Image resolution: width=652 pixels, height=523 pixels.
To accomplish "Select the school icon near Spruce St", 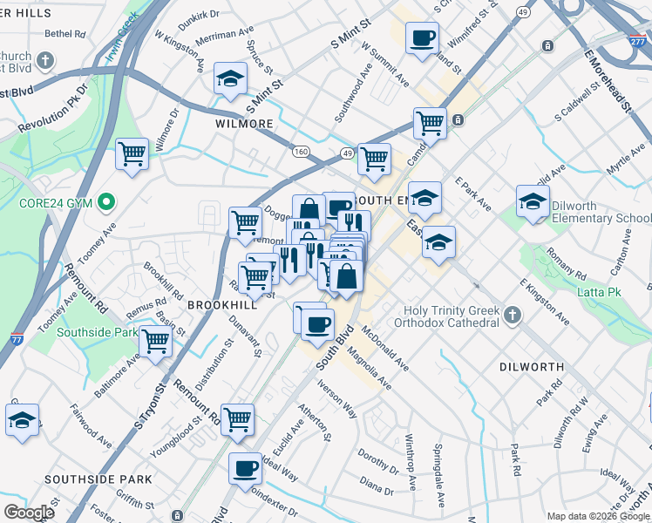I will coord(231,79).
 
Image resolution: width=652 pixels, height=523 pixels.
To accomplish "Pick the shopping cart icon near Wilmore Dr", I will coord(132,155).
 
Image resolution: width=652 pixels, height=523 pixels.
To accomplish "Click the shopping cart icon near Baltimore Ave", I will coord(156,342).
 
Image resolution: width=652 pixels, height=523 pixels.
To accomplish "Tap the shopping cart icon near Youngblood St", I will coord(237,420).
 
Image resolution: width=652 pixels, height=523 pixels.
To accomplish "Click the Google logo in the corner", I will coord(28,512).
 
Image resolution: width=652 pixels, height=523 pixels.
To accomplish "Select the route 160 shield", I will coord(301,152).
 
